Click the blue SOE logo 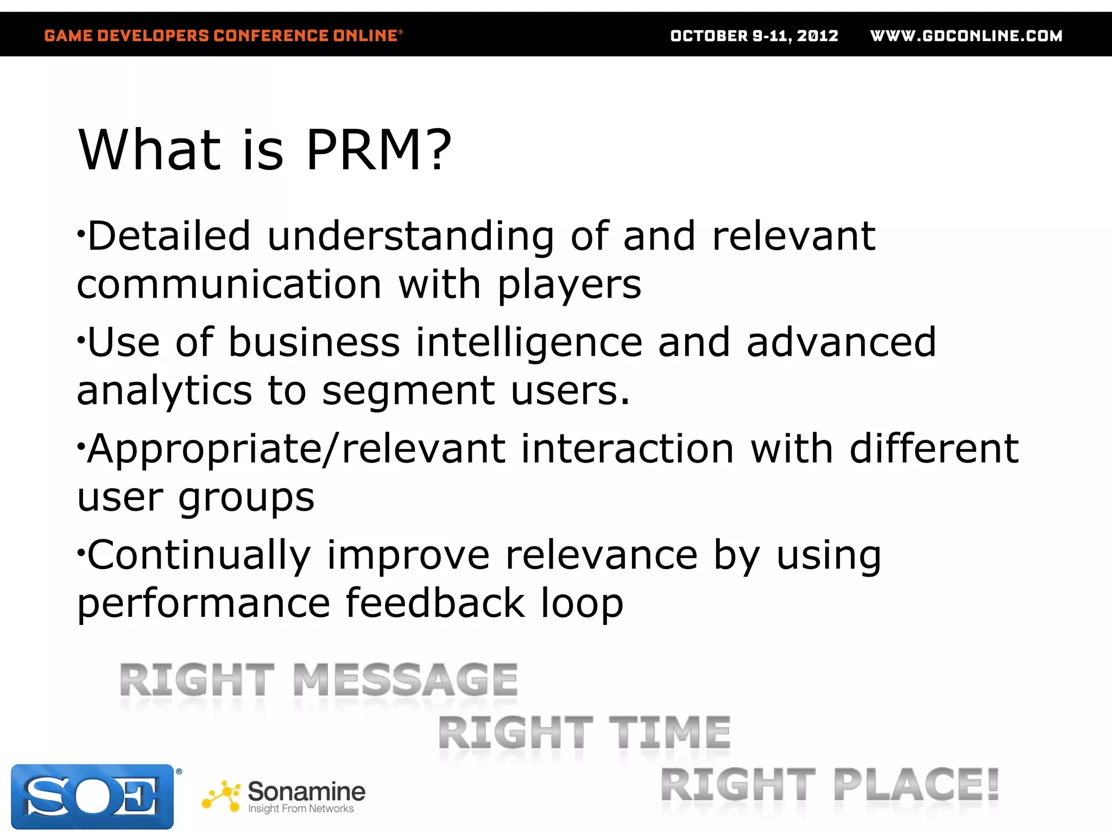tap(92, 796)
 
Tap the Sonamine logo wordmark tap(306, 791)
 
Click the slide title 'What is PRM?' tap(264, 150)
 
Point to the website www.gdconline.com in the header tap(966, 36)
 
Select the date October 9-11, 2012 tap(754, 36)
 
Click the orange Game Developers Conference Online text tap(223, 36)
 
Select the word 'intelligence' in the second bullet tap(529, 343)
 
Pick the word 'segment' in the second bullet tap(408, 391)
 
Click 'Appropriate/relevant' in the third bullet tap(296, 449)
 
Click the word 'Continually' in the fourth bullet tap(199, 555)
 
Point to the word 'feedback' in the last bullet tap(435, 603)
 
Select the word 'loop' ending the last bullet tap(582, 603)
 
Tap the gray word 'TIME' tap(669, 733)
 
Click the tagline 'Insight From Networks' tap(301, 809)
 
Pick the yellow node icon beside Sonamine tap(221, 797)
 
